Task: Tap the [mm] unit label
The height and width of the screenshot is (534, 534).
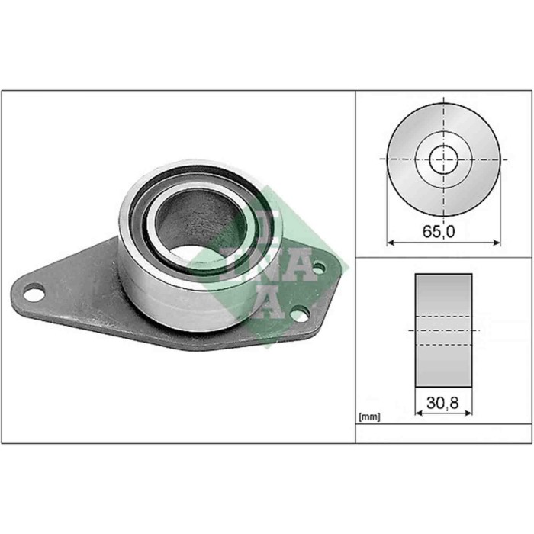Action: [368, 417]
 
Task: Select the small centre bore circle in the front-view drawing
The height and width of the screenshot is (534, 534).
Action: [443, 159]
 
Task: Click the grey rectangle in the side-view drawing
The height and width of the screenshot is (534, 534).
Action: [443, 330]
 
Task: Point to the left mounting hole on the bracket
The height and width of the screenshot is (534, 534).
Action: [33, 291]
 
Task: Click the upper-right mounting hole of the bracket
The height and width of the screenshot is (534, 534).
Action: [318, 267]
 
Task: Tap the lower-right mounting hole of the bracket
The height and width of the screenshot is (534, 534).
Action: [301, 313]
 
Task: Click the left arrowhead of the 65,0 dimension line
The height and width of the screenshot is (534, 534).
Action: [390, 243]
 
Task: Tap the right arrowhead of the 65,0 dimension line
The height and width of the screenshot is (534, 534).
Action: [497, 243]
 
